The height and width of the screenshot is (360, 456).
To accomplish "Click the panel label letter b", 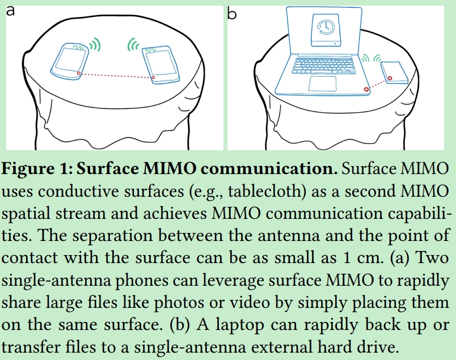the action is tap(232, 12).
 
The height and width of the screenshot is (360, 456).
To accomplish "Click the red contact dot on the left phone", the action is tap(78, 73).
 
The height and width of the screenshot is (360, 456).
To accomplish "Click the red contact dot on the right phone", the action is tap(153, 78).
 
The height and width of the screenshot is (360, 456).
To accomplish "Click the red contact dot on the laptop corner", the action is tap(366, 88).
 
